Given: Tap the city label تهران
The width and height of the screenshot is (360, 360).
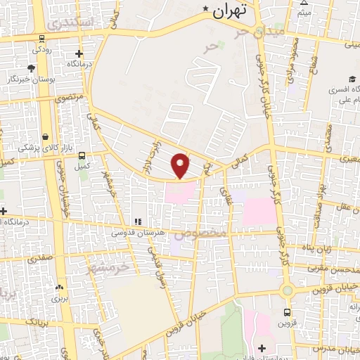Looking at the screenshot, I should tap(231, 11).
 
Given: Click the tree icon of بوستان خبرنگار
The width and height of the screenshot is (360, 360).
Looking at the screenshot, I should tap(32, 68).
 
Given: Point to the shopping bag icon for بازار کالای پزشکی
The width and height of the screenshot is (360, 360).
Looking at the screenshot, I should tap(45, 136).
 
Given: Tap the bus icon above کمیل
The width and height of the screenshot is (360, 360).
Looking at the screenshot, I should tap(82, 155).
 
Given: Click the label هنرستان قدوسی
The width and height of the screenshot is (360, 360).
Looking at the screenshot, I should tap(137, 231).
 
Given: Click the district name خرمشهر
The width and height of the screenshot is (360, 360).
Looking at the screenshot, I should tap(105, 268).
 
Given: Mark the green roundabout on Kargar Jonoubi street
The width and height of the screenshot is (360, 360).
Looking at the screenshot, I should tap(287, 290).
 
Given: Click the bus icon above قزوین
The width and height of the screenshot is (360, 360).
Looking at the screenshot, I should tap(287, 311).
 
